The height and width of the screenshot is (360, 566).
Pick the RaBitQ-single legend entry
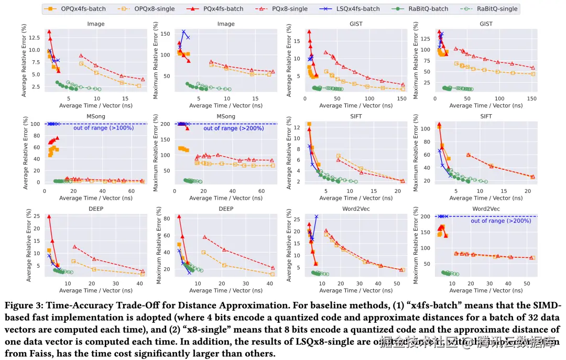click(490, 8)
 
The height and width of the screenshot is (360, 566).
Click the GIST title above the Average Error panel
click(356, 24)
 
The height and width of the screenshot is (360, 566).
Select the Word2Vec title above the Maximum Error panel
click(486, 208)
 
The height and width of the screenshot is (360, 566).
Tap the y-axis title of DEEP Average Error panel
click(29, 247)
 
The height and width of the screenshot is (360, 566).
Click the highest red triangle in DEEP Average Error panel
click(49, 216)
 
